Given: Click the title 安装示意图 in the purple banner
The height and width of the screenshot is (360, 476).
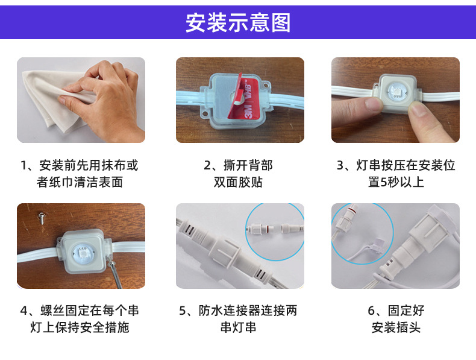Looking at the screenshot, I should (238, 22).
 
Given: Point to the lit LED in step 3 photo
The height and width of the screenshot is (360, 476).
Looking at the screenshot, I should (395, 92).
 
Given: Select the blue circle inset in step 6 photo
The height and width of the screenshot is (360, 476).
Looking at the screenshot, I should (360, 232).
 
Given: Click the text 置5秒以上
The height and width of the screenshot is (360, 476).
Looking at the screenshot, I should (396, 182).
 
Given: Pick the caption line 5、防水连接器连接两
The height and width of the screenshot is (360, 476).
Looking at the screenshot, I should (238, 311).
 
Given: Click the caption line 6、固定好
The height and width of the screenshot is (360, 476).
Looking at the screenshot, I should (396, 311).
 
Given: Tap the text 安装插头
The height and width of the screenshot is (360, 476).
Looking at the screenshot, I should (396, 328).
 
